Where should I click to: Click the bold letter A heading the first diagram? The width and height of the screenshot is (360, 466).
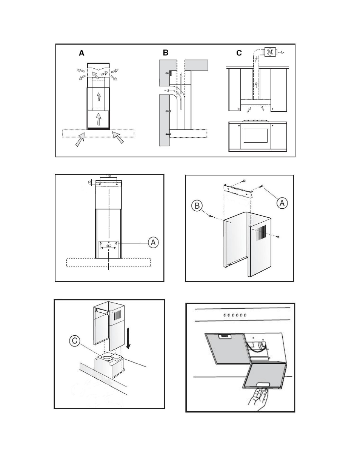(x=82, y=53)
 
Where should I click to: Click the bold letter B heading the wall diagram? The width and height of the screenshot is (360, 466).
(x=166, y=53)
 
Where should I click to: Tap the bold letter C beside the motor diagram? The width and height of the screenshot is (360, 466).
(x=239, y=53)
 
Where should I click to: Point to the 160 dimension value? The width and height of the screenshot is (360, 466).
(x=109, y=177)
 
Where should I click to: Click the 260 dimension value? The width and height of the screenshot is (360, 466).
(x=109, y=246)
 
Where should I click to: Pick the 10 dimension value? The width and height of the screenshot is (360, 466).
(x=89, y=182)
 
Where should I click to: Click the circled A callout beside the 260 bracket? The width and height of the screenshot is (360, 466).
(x=153, y=242)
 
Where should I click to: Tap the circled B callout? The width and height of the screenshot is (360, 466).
(x=197, y=206)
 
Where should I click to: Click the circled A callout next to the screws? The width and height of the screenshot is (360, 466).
(x=282, y=203)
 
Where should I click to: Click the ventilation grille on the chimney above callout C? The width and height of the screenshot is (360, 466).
(x=117, y=316)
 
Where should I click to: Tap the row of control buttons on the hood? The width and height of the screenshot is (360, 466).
(x=234, y=315)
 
